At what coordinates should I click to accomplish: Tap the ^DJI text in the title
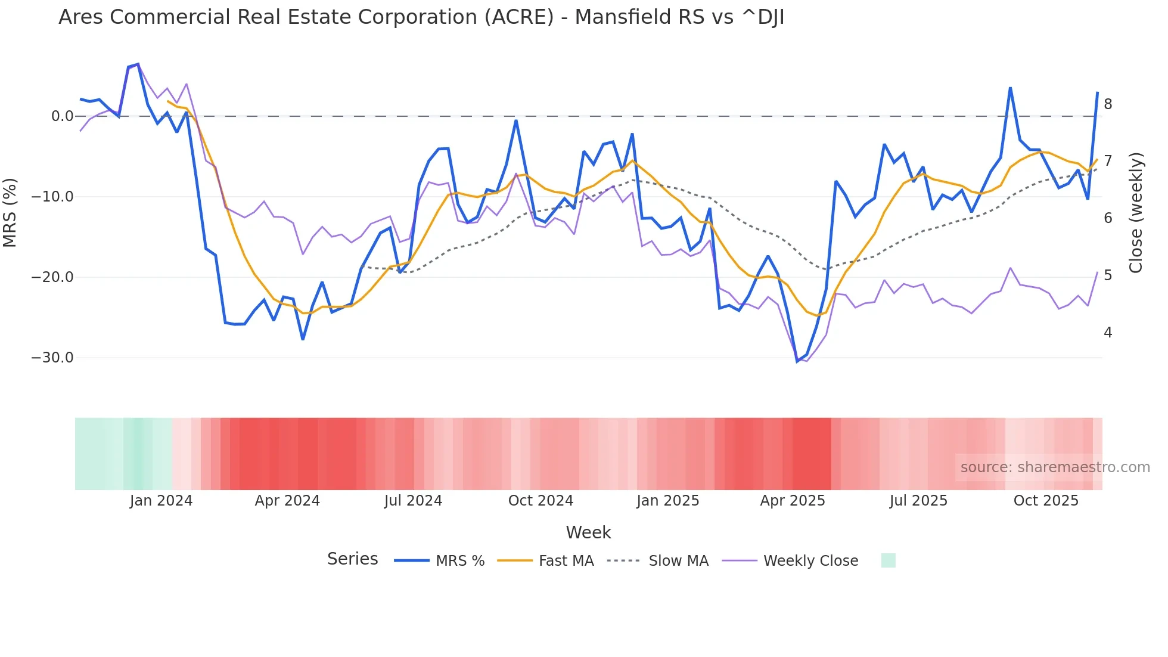coord(762,17)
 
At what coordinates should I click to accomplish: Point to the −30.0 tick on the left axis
coord(52,358)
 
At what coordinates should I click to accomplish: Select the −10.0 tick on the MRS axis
coord(52,197)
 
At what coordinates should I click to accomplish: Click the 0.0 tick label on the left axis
coord(63,116)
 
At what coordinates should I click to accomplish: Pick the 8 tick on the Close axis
coord(1108,104)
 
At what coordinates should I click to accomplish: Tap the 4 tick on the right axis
coord(1108,333)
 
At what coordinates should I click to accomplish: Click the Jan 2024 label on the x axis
coord(161,501)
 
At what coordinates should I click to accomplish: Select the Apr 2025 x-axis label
coord(793,501)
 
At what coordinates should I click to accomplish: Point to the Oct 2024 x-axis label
coord(540,501)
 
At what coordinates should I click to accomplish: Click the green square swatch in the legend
coord(888,560)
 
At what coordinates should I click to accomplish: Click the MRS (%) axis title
coord(10,213)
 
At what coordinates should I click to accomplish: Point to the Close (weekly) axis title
coord(1136,213)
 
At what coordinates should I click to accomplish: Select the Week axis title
coord(588,532)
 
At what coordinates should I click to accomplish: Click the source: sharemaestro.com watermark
coord(1055,467)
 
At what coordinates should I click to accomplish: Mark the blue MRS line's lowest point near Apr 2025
coord(797,361)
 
